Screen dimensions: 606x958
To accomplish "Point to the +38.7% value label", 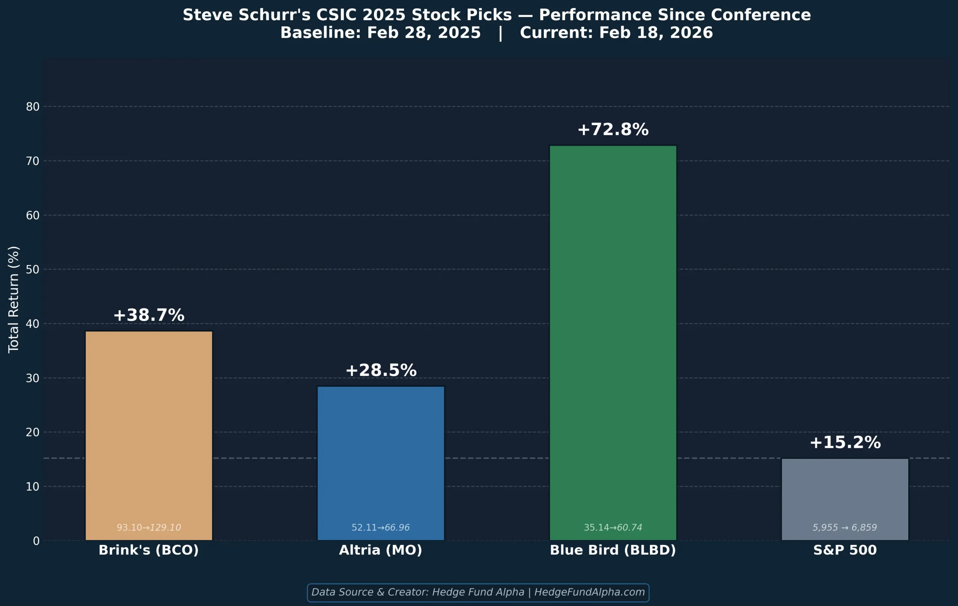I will tap(149, 315).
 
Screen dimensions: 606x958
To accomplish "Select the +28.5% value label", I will tap(381, 370).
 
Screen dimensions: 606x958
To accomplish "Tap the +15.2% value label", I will tap(845, 443).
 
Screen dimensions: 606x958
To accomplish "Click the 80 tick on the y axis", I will tap(33, 107).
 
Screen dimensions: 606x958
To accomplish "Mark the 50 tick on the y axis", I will tap(33, 270).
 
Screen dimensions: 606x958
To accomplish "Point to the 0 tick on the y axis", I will tap(36, 541).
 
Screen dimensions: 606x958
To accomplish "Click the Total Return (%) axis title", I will tap(13, 299).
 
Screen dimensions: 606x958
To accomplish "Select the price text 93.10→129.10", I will tap(149, 528).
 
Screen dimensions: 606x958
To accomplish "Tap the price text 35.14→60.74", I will tap(613, 528).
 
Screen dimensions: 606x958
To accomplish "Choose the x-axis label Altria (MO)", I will tap(380, 550).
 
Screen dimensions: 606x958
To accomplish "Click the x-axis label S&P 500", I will tap(845, 550).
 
